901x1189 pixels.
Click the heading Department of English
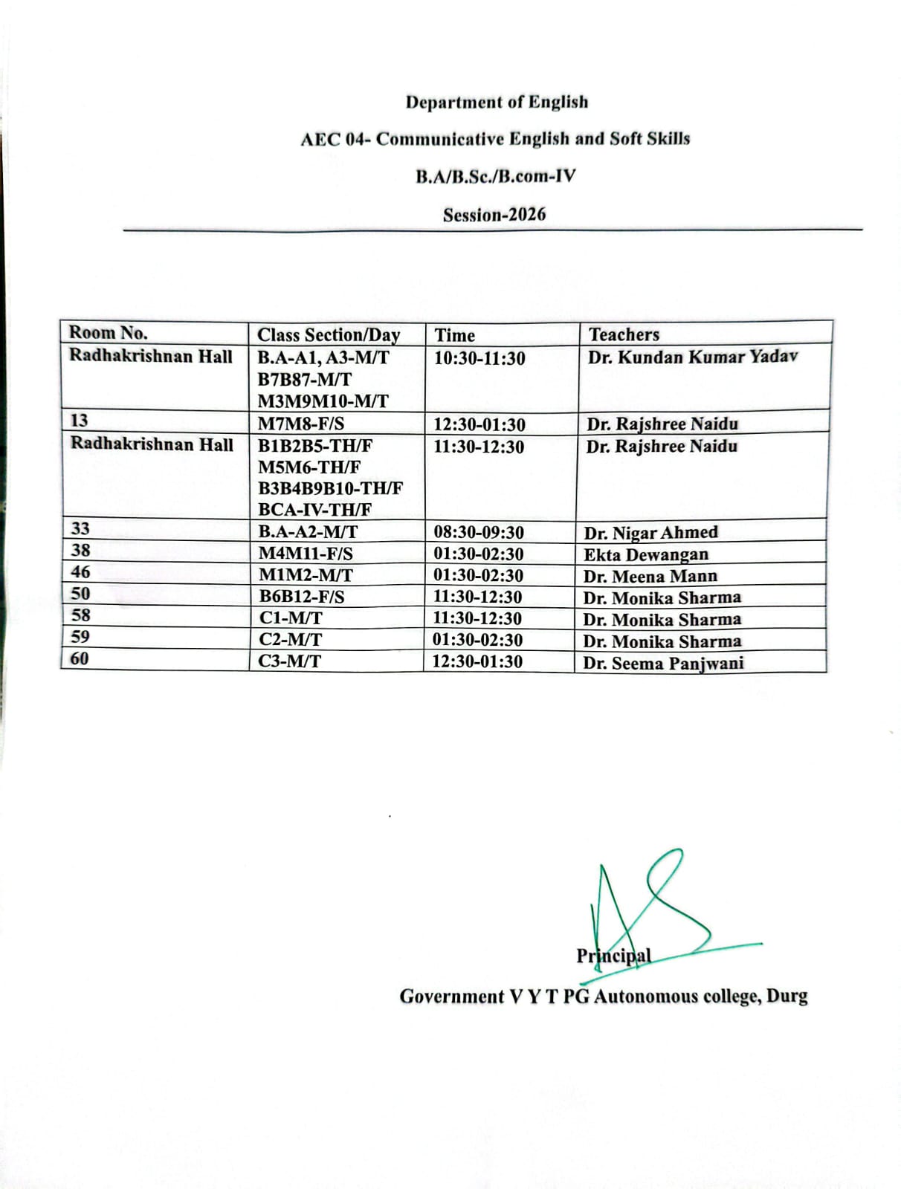click(497, 102)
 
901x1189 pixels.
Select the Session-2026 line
click(494, 215)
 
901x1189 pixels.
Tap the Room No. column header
click(109, 333)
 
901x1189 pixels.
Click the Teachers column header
click(624, 334)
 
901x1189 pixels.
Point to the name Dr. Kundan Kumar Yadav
click(692, 357)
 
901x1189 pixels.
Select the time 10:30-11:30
click(479, 358)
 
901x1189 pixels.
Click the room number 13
click(79, 421)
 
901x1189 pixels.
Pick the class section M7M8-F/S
click(301, 424)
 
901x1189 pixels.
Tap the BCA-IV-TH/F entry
click(315, 510)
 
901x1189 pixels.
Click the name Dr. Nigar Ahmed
click(650, 533)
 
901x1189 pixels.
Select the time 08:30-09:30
click(479, 533)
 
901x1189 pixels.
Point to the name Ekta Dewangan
click(645, 554)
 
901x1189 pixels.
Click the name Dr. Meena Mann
click(650, 576)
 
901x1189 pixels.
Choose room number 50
click(80, 594)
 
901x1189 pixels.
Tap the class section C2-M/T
click(291, 640)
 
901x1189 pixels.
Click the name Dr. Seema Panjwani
click(662, 663)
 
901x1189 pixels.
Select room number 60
click(79, 658)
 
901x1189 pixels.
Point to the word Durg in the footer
click(787, 996)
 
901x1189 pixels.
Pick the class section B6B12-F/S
click(302, 597)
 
